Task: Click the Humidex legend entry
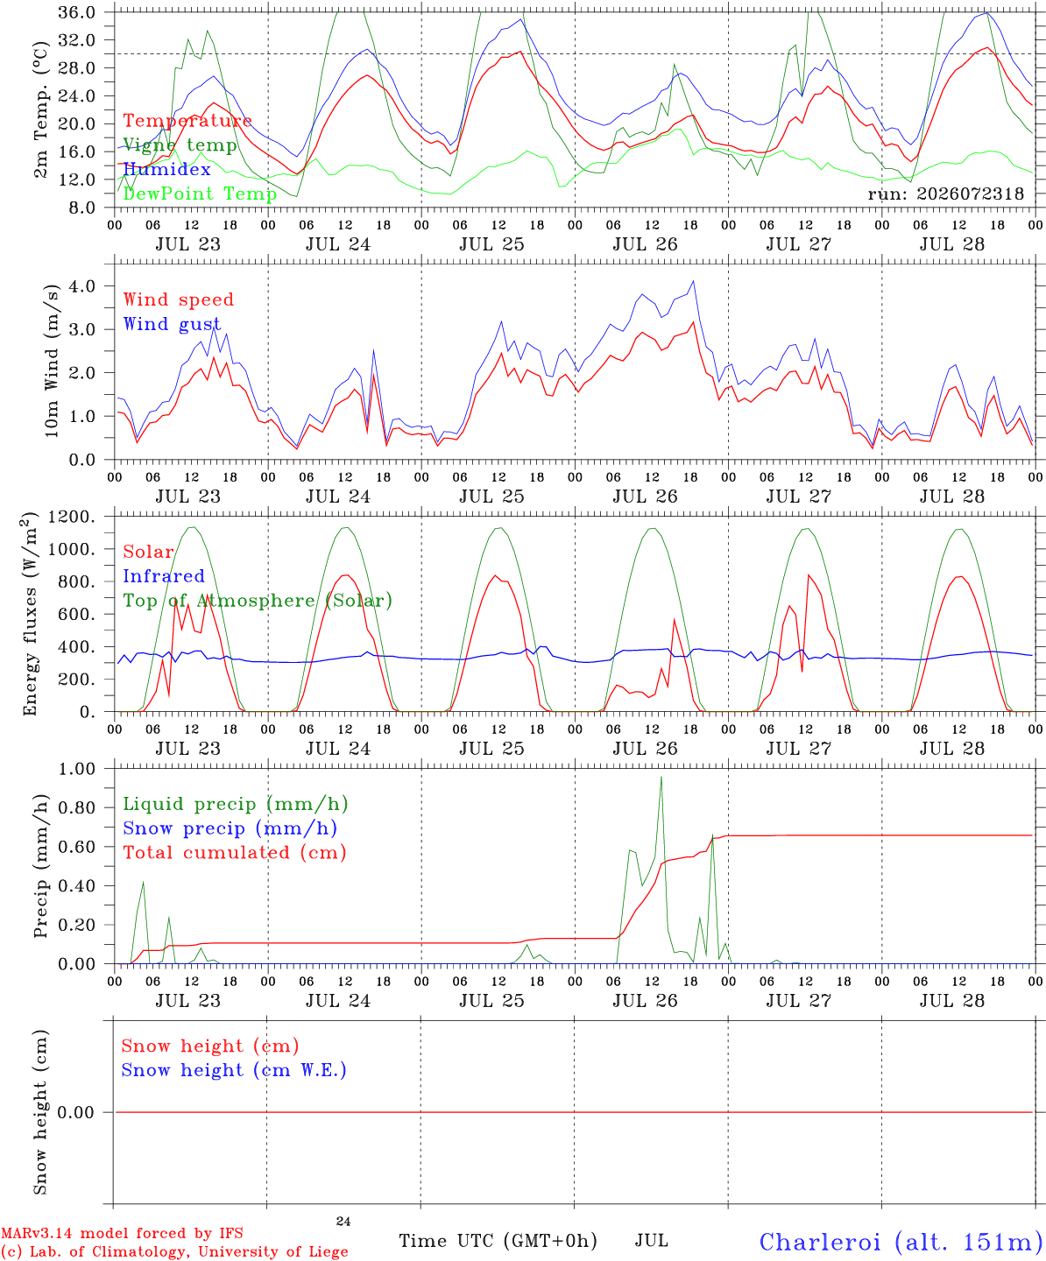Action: point(166,169)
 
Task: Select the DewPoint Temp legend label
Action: point(200,194)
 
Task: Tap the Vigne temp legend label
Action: point(180,145)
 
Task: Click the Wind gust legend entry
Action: point(172,324)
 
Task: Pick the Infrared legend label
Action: point(164,576)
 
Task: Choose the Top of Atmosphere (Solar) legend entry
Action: point(258,601)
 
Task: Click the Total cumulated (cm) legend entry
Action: point(235,853)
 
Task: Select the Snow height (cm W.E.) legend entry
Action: point(234,1070)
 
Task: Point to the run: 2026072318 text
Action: point(945,194)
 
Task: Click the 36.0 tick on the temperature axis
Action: point(76,12)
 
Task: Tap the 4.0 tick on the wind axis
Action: point(82,286)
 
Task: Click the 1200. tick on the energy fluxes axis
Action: point(71,518)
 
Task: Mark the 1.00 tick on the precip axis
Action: point(76,770)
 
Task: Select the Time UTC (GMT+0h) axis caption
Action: point(498,1241)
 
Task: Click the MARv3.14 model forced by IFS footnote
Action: point(122,1233)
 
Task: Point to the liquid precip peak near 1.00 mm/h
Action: point(661,777)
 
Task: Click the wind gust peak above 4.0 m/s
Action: point(693,281)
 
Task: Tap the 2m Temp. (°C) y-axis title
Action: point(40,109)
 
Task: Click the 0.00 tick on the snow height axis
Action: point(76,1112)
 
